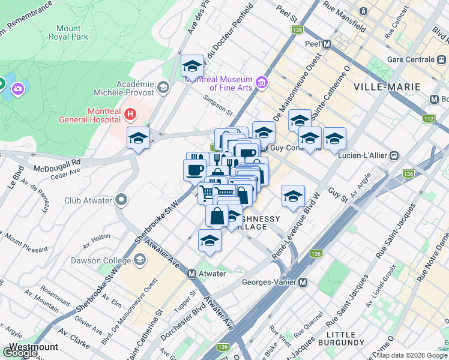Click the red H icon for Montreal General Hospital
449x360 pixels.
tap(130, 113)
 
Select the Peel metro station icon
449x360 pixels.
tap(327, 44)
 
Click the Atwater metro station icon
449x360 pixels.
tap(192, 274)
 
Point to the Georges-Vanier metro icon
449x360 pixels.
tap(303, 283)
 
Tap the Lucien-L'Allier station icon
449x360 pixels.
tap(394, 155)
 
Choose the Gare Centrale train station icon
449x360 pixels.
tap(441, 60)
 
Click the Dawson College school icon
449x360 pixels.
tap(140, 260)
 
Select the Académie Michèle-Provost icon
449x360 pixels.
tap(162, 88)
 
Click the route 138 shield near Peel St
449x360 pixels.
tap(296, 29)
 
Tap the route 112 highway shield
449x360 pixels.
tap(428, 119)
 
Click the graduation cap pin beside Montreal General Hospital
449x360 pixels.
tap(138, 138)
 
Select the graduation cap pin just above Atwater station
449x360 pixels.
tap(209, 240)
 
